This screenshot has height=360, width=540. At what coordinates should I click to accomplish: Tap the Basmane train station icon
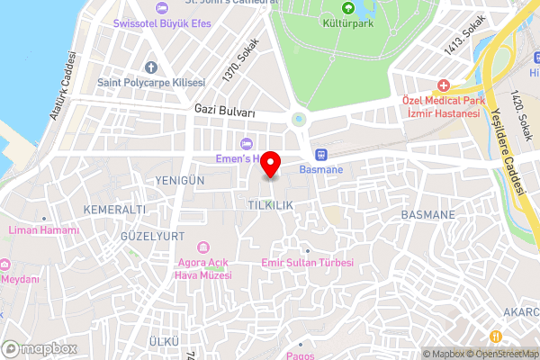tap(320, 153)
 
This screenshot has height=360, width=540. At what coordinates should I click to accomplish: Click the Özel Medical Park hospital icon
tap(442, 85)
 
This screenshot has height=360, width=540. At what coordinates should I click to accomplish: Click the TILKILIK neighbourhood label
tap(271, 205)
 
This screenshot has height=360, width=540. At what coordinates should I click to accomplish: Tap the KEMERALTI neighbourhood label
tap(113, 209)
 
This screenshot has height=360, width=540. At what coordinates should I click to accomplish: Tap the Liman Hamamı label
tap(43, 230)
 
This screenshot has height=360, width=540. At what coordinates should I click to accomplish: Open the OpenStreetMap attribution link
tap(501, 354)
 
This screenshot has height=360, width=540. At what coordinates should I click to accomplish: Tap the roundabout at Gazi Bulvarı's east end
tap(299, 118)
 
